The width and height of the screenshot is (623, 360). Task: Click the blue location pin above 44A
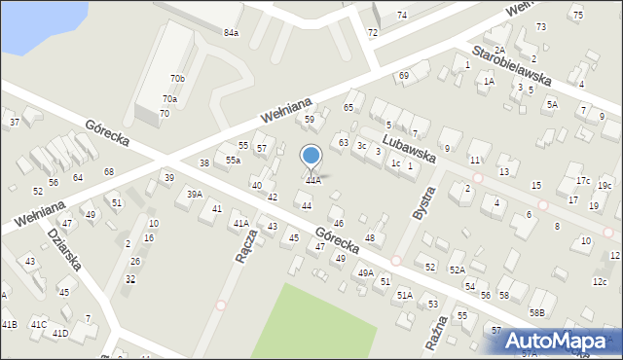click(311, 156)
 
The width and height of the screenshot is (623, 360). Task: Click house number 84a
click(231, 33)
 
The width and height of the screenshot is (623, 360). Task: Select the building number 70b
click(177, 78)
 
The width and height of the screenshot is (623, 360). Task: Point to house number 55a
click(233, 161)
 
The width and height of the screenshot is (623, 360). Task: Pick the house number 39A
click(195, 195)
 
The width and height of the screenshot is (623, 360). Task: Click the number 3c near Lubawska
click(361, 146)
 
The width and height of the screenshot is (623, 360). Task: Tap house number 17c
click(582, 181)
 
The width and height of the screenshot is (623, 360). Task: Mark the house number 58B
click(537, 312)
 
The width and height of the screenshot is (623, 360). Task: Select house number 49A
click(366, 273)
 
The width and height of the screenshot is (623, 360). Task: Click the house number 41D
click(60, 334)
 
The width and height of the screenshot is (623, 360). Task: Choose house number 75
click(577, 16)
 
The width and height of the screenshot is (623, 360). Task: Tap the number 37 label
click(15, 123)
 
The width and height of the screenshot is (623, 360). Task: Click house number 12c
click(600, 282)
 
